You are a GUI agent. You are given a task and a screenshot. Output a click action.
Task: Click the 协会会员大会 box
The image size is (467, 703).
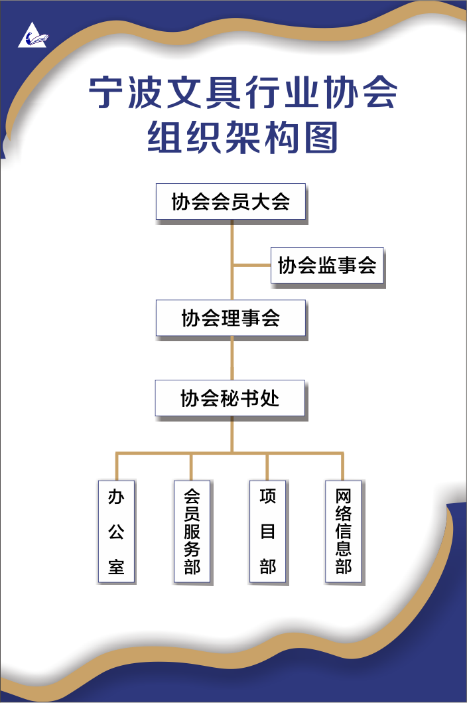pos(230,202)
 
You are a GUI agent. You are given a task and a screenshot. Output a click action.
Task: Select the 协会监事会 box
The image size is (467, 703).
pos(327,266)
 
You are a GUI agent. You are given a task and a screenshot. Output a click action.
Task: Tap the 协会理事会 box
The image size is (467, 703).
pos(230,319)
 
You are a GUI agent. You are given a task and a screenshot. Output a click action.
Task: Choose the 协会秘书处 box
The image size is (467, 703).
pos(230,398)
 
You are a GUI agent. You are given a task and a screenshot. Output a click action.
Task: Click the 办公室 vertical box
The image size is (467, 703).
pos(116,531)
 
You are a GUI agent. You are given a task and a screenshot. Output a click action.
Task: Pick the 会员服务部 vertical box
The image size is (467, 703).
pos(192,531)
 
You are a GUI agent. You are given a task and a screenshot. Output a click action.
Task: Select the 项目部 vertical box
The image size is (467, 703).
pos(267,531)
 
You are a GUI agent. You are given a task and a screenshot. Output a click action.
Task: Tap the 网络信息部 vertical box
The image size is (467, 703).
pos(343,531)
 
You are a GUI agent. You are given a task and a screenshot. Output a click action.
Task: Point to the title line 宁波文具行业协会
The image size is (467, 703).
pos(243,94)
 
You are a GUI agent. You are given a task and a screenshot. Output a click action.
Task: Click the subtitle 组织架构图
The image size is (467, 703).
pos(243,137)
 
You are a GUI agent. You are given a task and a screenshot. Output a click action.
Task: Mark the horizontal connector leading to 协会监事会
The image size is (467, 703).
pos(251,265)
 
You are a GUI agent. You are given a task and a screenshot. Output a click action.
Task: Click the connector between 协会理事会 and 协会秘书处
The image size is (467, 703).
pos(232,358)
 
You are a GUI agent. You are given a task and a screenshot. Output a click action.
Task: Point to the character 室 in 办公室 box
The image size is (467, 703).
pos(116,568)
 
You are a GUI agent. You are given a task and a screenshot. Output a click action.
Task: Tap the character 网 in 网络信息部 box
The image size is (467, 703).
pos(343,496)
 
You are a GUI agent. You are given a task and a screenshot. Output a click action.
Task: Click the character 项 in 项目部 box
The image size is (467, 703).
pos(267,496)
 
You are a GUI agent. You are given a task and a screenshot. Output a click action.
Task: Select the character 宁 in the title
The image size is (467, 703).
pos(107,94)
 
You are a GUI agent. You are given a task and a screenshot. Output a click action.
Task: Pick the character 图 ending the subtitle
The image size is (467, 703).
pos(320,137)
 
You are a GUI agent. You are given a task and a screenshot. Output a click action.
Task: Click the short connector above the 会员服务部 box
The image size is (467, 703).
pos(192,466)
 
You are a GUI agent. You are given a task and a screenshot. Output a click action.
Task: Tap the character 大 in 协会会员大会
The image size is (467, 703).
pos(260,202)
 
